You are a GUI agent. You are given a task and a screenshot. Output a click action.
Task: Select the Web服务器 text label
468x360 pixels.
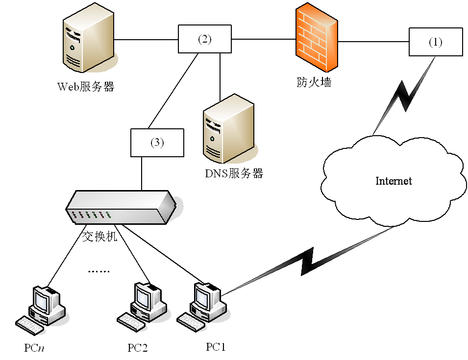[x=86, y=87]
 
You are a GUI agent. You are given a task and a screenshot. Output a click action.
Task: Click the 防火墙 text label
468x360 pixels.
[x=314, y=82]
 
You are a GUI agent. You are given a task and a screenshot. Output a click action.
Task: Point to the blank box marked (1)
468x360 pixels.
[x=436, y=43]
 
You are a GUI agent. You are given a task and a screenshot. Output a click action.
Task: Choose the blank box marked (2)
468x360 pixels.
[x=204, y=40]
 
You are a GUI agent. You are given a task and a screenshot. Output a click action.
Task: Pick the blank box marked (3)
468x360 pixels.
[x=157, y=143]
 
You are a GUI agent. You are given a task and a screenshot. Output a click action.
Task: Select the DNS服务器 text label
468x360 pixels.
[x=234, y=173]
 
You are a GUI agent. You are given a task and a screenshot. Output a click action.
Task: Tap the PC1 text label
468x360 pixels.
[x=216, y=347]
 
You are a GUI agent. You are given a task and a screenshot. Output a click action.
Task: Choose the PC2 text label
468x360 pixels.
[x=138, y=348]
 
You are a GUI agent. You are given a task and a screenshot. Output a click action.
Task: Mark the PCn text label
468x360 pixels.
[x=34, y=348]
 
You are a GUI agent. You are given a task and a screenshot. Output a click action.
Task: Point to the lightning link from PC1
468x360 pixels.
[x=309, y=259]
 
